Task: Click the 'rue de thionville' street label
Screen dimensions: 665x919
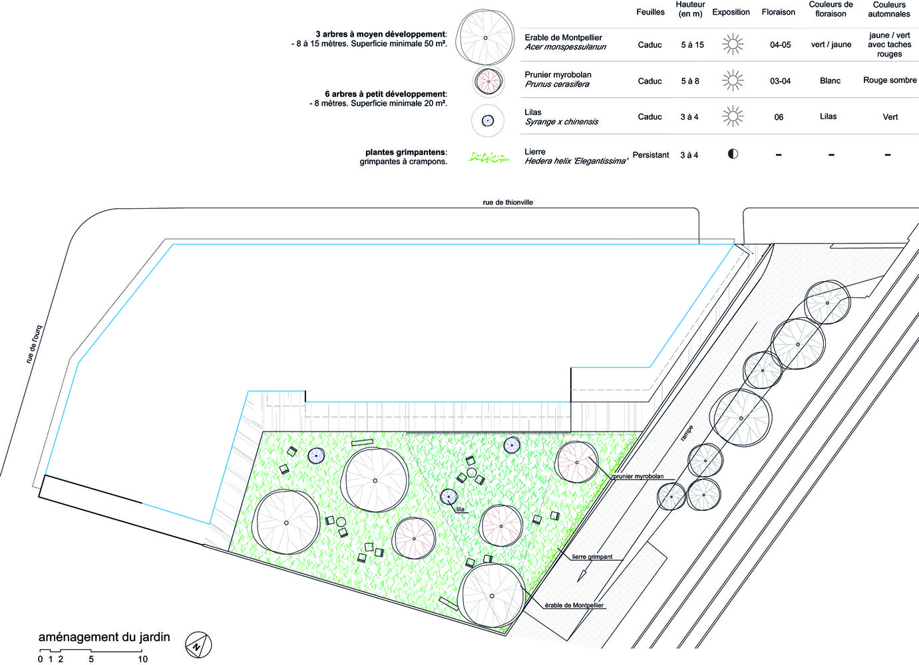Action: (508, 202)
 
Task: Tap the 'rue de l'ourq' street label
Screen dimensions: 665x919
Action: (34, 344)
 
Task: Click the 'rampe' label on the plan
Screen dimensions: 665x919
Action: (687, 434)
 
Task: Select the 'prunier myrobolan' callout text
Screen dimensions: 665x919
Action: (638, 476)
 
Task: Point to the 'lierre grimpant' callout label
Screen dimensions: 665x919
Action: (592, 557)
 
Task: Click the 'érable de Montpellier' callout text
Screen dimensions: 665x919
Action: (574, 605)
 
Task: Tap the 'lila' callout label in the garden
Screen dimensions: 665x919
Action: (460, 509)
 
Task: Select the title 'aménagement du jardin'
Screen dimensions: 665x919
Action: (104, 637)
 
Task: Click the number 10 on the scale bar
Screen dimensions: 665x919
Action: (142, 659)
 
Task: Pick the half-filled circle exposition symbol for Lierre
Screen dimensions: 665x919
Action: (733, 154)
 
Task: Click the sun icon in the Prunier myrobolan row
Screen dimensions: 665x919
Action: (733, 80)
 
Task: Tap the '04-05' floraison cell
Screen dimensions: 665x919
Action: (781, 45)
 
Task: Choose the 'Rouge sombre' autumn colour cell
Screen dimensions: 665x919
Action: (890, 80)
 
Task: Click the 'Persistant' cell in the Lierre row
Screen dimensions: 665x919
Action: (651, 155)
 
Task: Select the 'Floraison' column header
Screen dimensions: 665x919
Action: (778, 12)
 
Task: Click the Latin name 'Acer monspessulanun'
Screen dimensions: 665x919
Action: (565, 47)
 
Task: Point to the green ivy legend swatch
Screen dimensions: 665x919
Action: (490, 158)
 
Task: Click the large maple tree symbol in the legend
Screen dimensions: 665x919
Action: (485, 38)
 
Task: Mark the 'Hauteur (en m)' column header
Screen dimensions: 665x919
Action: (690, 9)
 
